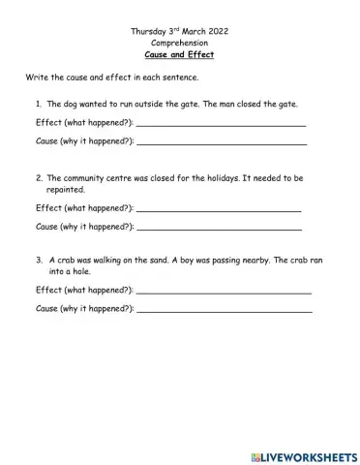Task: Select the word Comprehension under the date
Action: (179, 44)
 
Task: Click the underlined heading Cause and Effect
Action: (179, 55)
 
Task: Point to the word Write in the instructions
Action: (38, 78)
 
